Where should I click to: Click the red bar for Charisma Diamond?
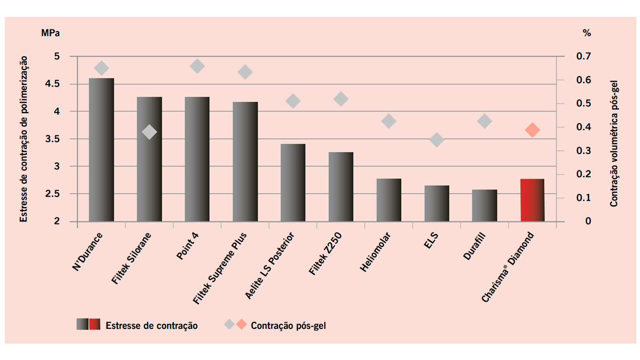[x=532, y=200]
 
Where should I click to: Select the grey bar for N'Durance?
[x=101, y=150]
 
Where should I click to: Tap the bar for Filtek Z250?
[x=341, y=187]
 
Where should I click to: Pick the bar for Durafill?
[x=484, y=206]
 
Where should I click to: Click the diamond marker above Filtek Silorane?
[x=149, y=132]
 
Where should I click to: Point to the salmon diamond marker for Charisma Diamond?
[x=532, y=130]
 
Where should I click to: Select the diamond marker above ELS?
[x=437, y=140]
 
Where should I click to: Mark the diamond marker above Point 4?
[x=197, y=66]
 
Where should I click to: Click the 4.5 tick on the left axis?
[x=52, y=84]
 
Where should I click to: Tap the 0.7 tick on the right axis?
[x=584, y=56]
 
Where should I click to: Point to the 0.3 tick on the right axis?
[x=584, y=151]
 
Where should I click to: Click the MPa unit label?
[x=50, y=33]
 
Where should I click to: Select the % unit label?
[x=587, y=33]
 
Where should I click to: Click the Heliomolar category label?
[x=375, y=252]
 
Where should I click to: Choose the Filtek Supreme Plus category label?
[x=220, y=268]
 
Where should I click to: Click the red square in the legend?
[x=95, y=324]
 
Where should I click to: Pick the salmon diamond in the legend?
[x=242, y=324]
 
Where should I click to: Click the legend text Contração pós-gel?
[x=288, y=326]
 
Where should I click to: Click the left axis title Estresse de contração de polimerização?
[x=24, y=139]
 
